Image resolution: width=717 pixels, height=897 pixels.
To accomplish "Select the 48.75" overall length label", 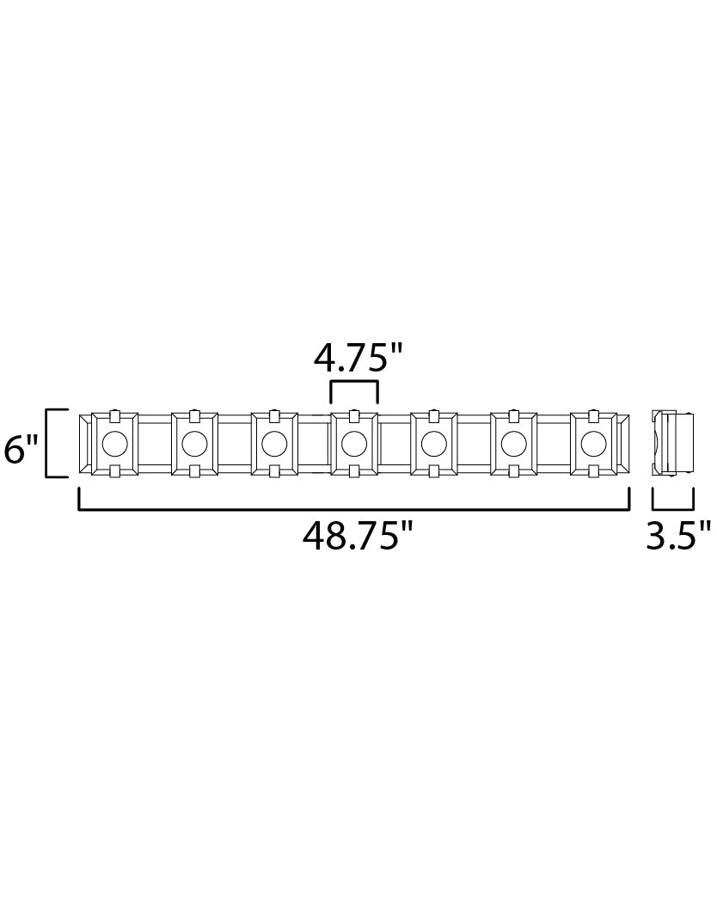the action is click(x=358, y=536).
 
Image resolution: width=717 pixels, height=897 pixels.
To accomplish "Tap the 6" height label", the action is click(x=21, y=449).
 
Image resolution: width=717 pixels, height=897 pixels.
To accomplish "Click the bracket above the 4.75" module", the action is click(x=354, y=382).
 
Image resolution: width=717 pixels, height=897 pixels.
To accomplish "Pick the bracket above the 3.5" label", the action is click(x=673, y=507).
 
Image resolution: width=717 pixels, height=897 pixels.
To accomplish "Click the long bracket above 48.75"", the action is click(x=354, y=507).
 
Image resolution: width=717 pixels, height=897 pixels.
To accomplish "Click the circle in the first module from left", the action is click(x=114, y=442).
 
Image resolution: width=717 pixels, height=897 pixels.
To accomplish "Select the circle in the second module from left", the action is click(x=194, y=442).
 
